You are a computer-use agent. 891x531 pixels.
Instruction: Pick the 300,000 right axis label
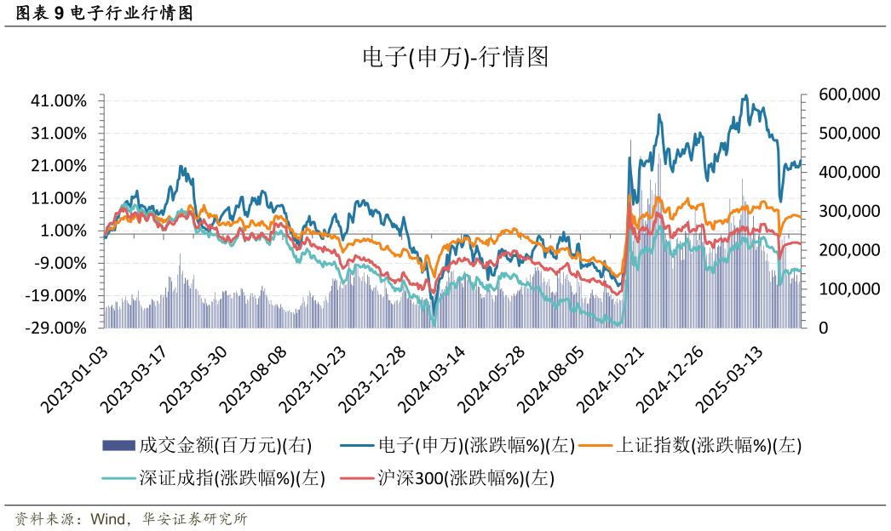click(848, 211)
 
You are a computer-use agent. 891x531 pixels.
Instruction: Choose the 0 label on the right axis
click(824, 328)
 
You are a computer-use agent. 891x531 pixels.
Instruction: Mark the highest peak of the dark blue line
click(746, 95)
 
